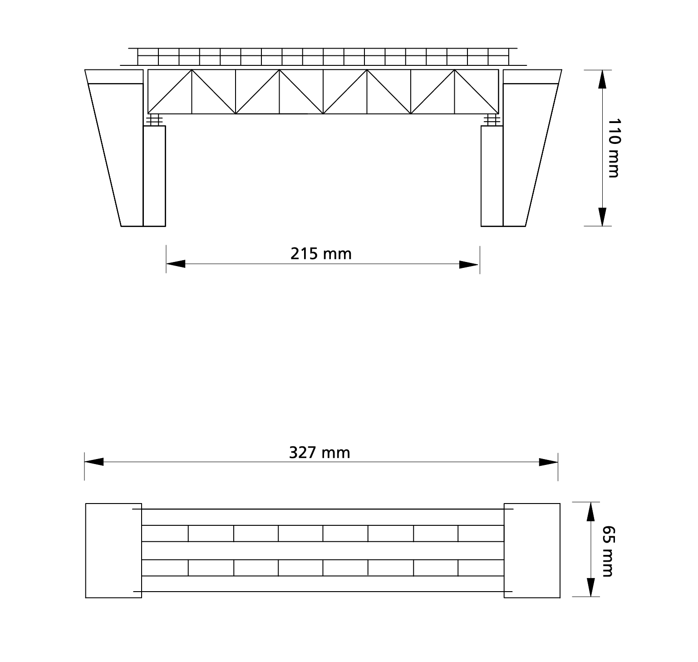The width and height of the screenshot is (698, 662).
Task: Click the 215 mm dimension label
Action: pyautogui.click(x=321, y=253)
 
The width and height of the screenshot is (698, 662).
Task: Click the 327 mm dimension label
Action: pyautogui.click(x=320, y=453)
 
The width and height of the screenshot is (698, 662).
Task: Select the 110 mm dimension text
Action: pyautogui.click(x=613, y=148)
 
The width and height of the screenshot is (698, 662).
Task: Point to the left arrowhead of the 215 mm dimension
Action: pyautogui.click(x=176, y=264)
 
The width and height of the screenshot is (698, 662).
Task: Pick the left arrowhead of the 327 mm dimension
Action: pyautogui.click(x=94, y=462)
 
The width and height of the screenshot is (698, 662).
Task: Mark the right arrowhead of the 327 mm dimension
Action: pyautogui.click(x=548, y=462)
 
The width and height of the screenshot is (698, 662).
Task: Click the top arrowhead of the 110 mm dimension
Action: pyautogui.click(x=602, y=79)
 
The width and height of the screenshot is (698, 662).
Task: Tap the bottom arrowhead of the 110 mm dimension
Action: pyautogui.click(x=602, y=216)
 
